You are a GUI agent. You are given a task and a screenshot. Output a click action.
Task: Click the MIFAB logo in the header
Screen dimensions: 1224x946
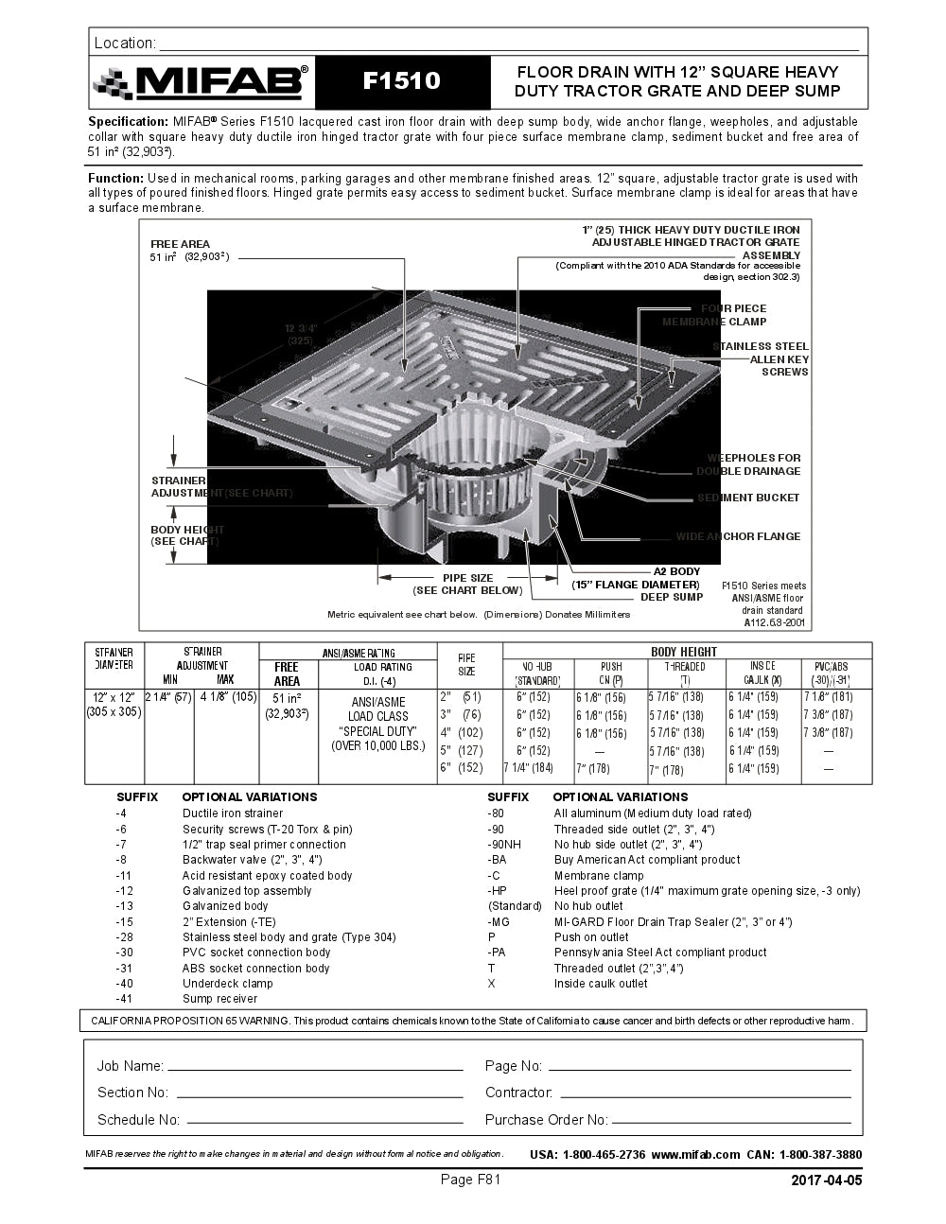[201, 82]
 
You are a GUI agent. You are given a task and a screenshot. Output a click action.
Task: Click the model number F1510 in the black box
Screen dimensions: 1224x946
[402, 81]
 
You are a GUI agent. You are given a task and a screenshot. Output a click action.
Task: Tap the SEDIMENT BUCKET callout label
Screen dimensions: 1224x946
[748, 498]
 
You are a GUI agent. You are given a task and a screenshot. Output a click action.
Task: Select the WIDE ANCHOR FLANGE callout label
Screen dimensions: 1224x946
[738, 536]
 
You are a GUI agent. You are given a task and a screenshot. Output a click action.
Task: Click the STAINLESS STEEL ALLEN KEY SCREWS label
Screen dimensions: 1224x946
[761, 359]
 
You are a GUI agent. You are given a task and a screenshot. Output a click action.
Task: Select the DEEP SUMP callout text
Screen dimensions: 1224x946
[672, 597]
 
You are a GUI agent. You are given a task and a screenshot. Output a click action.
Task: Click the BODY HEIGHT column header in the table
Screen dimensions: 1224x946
[684, 651]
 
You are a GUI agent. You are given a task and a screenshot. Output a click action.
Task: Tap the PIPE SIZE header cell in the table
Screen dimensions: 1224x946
[466, 664]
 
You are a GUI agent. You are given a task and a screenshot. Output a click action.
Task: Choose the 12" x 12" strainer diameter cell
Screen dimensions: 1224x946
[114, 704]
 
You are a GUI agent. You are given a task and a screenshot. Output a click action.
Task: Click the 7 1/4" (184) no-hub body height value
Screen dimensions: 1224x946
[528, 768]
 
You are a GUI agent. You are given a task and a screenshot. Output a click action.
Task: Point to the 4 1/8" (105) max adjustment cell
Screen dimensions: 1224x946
[228, 697]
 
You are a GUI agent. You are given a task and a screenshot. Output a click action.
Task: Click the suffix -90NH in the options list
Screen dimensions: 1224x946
[503, 845]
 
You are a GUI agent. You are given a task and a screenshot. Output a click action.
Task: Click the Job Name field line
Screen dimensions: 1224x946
[315, 1068]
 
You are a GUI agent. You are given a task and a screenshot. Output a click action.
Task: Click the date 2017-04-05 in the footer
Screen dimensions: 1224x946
[826, 1180]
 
